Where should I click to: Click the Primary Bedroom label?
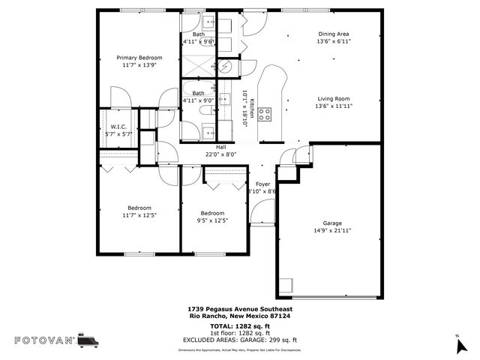[139, 57]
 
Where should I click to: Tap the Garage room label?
[332, 223]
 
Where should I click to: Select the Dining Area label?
[334, 34]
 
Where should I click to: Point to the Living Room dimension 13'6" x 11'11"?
[334, 106]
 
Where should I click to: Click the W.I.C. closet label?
[118, 127]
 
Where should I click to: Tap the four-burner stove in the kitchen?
[265, 114]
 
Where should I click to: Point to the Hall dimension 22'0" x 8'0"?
[221, 155]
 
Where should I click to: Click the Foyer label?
[262, 184]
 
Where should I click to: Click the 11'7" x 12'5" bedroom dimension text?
[139, 215]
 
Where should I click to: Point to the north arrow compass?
[458, 345]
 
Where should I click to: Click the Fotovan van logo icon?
[88, 340]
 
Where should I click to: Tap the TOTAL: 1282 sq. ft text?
[240, 327]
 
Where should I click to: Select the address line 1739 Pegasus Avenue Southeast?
[240, 309]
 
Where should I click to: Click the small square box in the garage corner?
[286, 286]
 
